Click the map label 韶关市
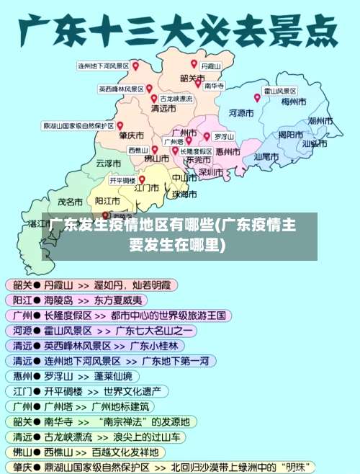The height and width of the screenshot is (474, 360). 193,78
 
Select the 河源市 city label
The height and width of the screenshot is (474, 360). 243,112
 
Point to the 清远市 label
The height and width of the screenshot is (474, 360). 163,109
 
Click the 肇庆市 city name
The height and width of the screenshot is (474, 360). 132,135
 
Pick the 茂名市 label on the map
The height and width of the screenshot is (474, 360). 70,202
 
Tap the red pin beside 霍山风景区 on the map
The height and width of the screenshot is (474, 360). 257,97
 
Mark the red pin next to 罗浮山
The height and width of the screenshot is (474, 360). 207,135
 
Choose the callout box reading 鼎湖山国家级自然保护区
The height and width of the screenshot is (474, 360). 78,125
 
